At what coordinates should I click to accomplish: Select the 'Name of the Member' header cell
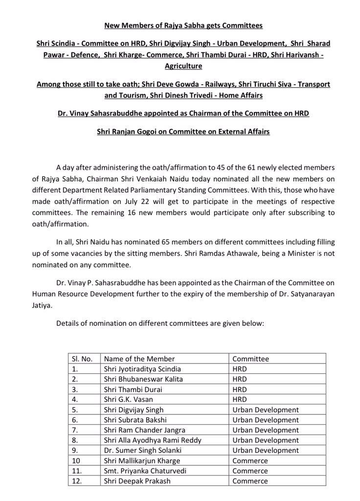(139, 359)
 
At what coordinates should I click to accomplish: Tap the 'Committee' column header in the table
(250, 359)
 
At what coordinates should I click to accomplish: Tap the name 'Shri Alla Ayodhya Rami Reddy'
(153, 440)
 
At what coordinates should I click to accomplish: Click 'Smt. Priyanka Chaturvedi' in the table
(145, 471)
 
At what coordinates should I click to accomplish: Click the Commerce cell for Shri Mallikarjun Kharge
(250, 460)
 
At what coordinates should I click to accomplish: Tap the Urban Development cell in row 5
(265, 410)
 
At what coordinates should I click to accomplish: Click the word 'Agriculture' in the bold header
(180, 65)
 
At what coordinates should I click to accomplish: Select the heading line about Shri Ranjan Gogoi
(180, 132)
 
